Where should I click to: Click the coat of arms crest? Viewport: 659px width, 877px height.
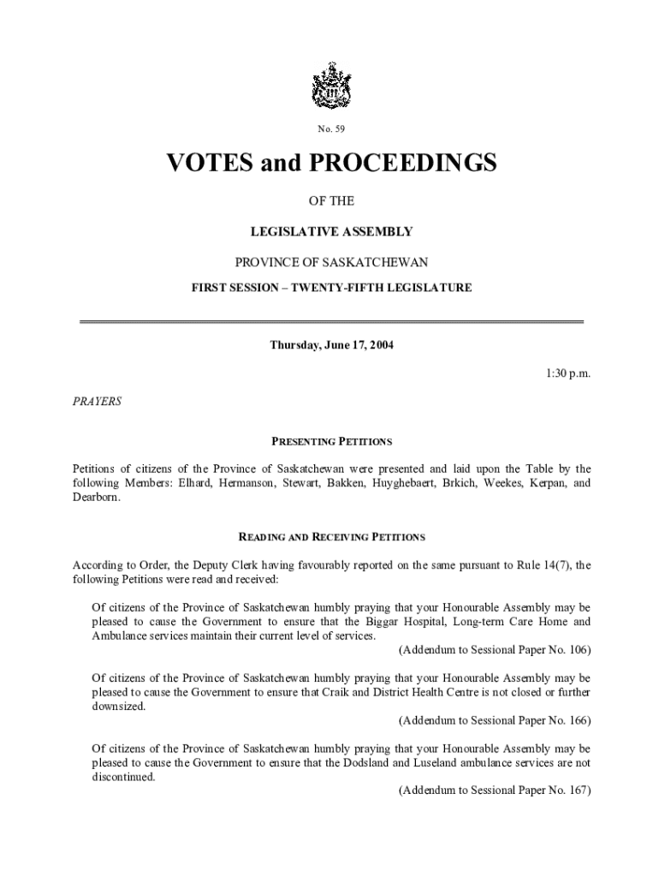tap(330, 86)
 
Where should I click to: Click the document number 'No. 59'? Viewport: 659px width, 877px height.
tap(330, 129)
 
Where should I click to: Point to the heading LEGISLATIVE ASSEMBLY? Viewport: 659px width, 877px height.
tap(330, 231)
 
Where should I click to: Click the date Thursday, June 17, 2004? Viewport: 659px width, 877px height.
tap(331, 345)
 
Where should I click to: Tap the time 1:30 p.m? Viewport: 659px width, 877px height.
tap(567, 373)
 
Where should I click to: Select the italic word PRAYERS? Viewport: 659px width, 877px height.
tap(97, 401)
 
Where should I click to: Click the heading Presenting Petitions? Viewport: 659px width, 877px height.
tap(331, 442)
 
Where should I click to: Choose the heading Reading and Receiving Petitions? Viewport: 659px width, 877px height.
tap(331, 538)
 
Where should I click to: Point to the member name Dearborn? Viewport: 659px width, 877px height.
tap(96, 497)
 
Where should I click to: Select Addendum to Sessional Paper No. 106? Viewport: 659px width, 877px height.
tap(495, 650)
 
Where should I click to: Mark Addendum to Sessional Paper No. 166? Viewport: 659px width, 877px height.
tap(495, 720)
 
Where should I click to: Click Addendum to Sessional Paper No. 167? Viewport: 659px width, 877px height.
tap(495, 790)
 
